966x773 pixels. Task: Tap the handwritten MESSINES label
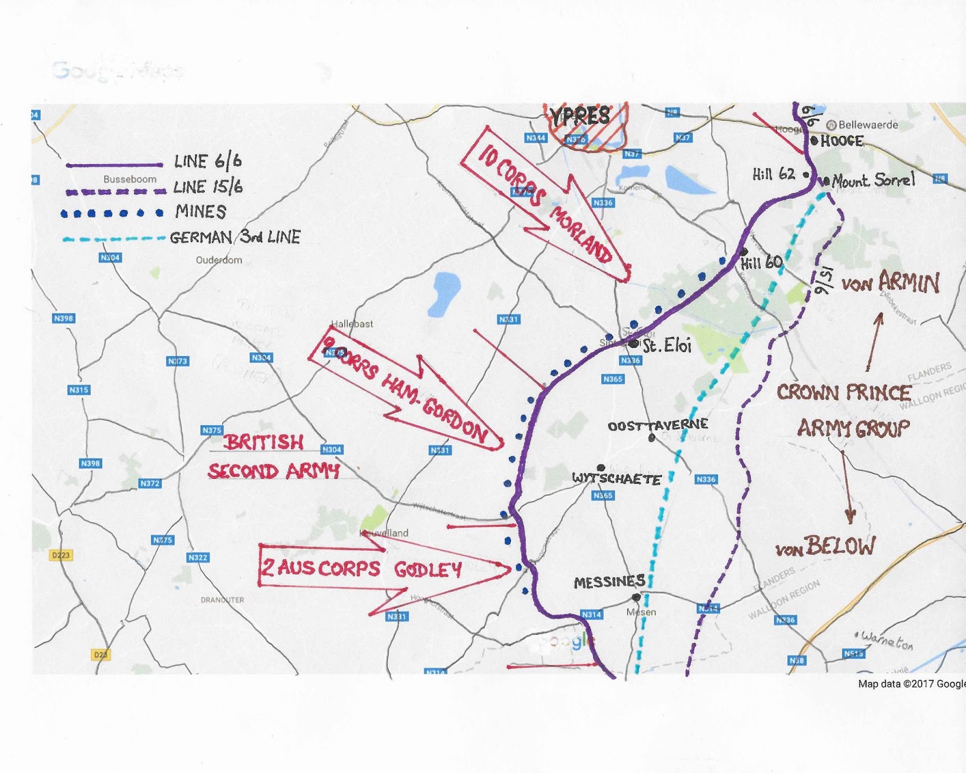pos(609,582)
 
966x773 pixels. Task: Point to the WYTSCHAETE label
pos(616,480)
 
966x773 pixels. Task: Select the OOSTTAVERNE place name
pos(657,425)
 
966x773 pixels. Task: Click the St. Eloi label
pos(667,345)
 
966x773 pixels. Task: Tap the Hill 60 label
pos(761,263)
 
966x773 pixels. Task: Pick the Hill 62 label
pos(773,175)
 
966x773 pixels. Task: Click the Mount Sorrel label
pos(873,180)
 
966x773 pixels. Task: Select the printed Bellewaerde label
pos(868,125)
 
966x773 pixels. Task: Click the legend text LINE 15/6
pos(208,187)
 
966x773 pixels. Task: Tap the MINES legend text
pos(200,212)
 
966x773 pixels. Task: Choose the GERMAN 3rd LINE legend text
pos(235,237)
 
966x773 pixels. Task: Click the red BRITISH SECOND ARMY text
pos(273,457)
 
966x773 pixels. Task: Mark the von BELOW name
pos(825,547)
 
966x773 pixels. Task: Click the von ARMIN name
pos(891,283)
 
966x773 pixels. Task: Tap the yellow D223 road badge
pos(61,555)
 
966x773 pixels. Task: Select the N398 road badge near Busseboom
pos(63,318)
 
